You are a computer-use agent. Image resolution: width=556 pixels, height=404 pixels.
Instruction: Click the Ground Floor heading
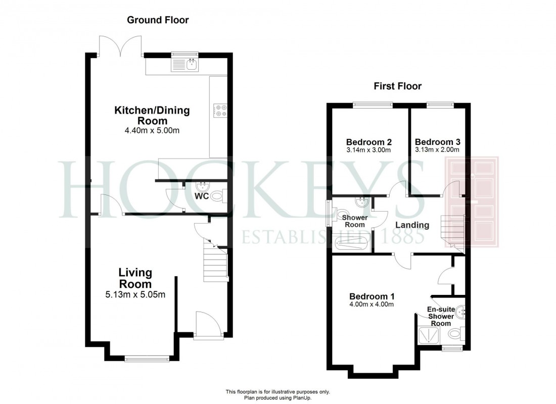(x=158, y=20)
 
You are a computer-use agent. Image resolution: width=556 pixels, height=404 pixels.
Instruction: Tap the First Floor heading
(x=397, y=86)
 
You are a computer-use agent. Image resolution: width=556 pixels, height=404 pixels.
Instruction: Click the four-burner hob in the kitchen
(x=220, y=110)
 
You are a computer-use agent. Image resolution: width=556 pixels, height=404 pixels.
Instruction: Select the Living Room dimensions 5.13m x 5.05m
(x=135, y=295)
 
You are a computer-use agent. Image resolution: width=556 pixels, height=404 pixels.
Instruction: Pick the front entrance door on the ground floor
(x=208, y=326)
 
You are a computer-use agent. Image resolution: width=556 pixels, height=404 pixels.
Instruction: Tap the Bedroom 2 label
(x=369, y=142)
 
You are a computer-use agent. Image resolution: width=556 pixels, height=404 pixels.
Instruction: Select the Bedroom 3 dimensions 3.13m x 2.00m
(x=437, y=149)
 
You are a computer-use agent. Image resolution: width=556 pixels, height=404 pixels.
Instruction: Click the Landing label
(x=412, y=225)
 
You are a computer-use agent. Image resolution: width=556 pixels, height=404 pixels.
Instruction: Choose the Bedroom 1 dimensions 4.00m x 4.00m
(x=372, y=304)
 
